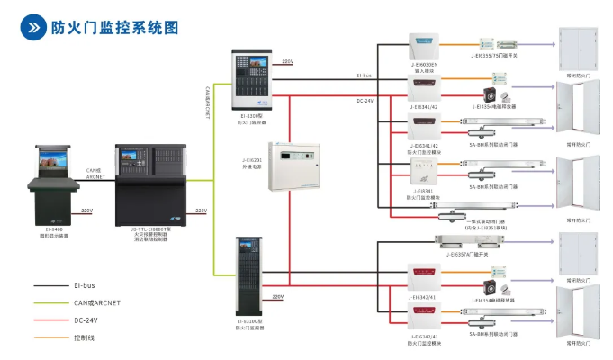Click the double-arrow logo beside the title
pos(33,27)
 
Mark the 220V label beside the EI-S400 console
pos(86,210)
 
